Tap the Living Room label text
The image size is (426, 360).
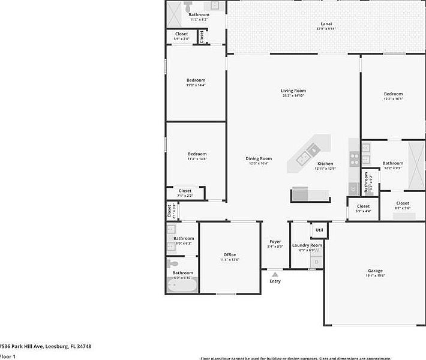[293, 91]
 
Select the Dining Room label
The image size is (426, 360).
[259, 158]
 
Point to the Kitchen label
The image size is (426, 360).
[325, 164]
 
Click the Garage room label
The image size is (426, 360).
[375, 271]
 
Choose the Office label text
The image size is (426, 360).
[229, 255]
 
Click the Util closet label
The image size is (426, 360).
[319, 230]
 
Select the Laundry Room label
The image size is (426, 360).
[307, 245]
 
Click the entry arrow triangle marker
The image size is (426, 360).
[275, 274]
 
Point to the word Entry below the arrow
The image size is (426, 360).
[275, 281]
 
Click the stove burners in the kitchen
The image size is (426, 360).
[354, 159]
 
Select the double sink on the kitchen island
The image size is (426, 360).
[313, 151]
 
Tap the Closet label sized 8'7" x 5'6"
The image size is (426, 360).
[403, 203]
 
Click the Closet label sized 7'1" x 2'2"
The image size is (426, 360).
[185, 191]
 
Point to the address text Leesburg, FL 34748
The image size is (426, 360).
[67, 346]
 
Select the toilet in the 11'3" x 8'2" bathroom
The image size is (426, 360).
[188, 7]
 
